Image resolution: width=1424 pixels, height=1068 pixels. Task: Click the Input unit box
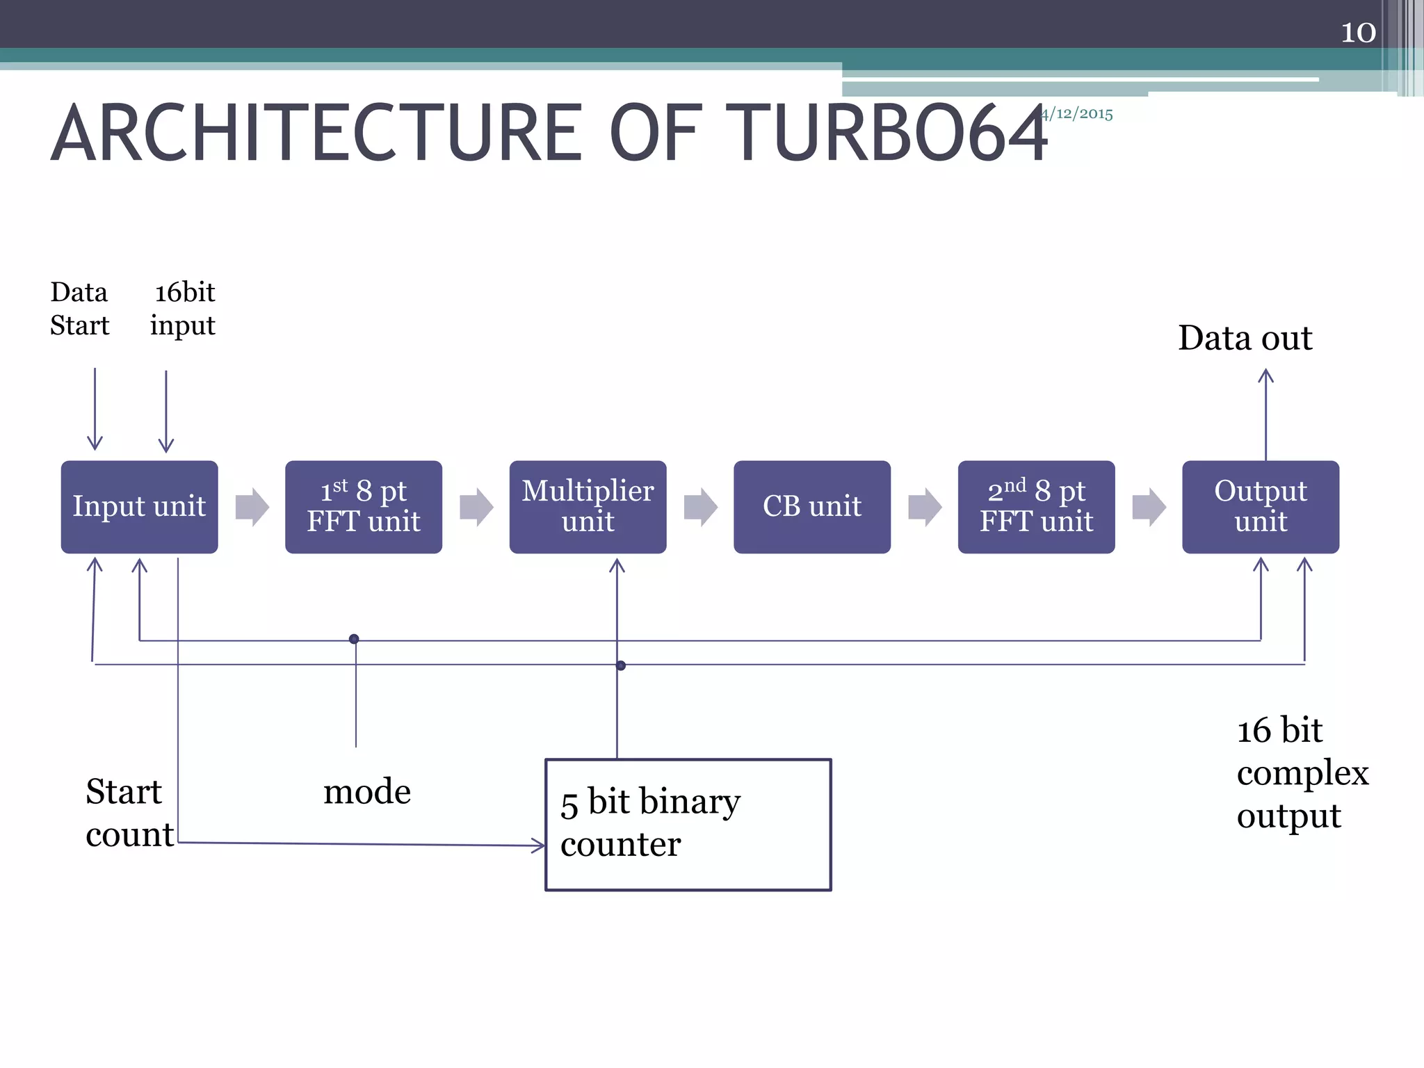coord(139,507)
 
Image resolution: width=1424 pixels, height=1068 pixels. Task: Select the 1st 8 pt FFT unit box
coord(364,507)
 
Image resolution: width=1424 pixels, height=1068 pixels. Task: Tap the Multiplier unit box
coord(588,507)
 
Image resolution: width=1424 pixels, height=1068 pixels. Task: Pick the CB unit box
coord(812,507)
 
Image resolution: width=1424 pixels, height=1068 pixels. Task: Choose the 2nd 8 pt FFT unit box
coord(1036,507)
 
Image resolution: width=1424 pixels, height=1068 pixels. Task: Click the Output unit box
coord(1261,507)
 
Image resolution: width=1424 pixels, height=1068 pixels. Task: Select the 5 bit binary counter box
coord(688,825)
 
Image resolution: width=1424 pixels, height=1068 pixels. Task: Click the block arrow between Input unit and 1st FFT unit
coord(252,507)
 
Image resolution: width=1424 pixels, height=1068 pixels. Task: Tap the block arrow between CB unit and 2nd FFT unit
coord(925,507)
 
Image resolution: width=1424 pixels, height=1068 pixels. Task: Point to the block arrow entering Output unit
coord(1149,507)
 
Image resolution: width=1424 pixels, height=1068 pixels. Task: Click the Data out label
coord(1245,339)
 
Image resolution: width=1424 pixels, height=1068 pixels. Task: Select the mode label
coord(367,792)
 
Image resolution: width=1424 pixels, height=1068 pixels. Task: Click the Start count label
coord(129,813)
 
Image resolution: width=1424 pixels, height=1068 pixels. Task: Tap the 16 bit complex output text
coord(1302,772)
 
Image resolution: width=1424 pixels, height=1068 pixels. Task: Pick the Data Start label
coord(79,309)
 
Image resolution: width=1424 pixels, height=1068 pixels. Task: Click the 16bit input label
coord(184,309)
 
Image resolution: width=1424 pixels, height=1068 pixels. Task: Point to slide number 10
coord(1357,33)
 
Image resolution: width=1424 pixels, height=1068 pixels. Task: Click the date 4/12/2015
coord(1078,114)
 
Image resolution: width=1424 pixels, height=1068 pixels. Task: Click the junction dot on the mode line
coord(354,639)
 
